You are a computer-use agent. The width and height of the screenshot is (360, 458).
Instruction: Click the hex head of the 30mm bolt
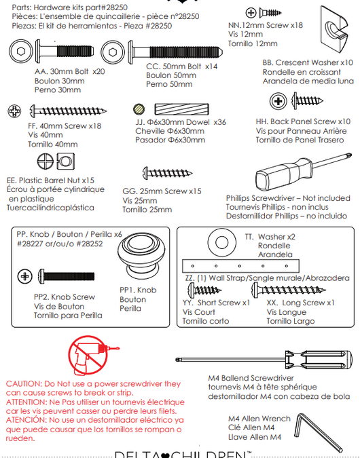click(21, 52)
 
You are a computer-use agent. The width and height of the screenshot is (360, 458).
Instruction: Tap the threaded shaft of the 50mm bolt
click(186, 52)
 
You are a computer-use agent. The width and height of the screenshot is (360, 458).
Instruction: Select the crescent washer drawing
click(334, 29)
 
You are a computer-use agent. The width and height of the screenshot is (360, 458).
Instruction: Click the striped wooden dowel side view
click(181, 109)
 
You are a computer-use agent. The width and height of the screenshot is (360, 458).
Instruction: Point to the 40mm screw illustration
click(69, 111)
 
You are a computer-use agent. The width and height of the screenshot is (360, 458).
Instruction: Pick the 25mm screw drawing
click(167, 173)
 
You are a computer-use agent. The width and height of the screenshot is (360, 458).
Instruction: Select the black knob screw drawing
click(67, 276)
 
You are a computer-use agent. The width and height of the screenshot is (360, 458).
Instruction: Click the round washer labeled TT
click(221, 242)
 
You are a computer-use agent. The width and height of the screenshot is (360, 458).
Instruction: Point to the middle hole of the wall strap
click(240, 266)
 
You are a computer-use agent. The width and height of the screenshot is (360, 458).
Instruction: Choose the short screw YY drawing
click(204, 290)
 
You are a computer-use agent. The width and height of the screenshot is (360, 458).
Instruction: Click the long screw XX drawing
click(289, 290)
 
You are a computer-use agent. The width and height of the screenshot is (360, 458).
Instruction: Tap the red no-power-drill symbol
click(88, 355)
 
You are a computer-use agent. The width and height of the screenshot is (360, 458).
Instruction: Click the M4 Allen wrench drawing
click(318, 432)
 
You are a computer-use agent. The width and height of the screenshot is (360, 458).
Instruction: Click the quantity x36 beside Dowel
click(219, 122)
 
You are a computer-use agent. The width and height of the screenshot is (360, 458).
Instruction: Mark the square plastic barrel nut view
click(65, 161)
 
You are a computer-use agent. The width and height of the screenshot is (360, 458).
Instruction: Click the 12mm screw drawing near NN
click(270, 13)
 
